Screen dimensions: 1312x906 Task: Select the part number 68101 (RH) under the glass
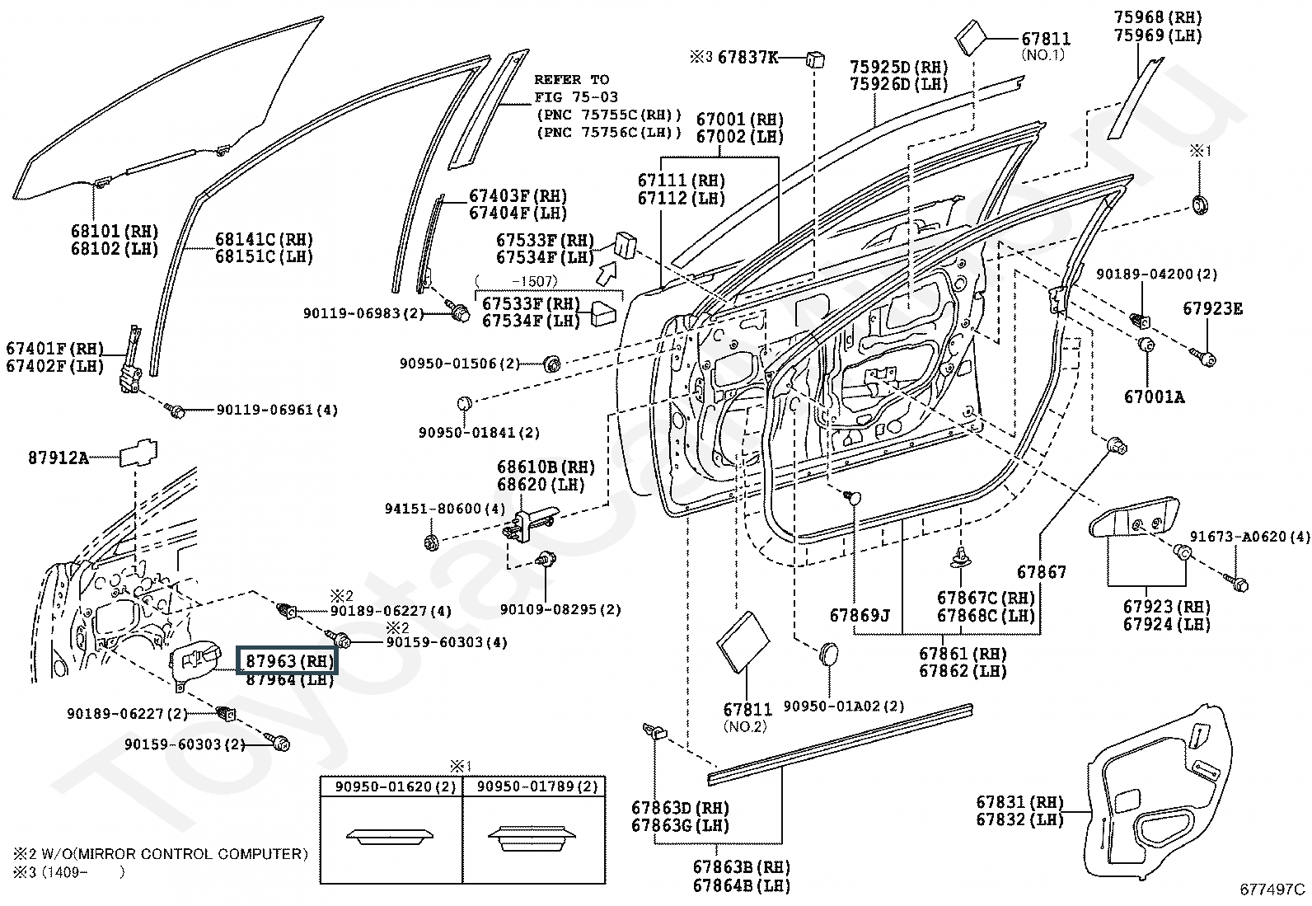tap(115, 231)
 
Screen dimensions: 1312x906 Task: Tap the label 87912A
tap(59, 458)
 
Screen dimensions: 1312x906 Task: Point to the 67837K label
tap(748, 57)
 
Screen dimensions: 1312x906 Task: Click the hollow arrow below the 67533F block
tap(607, 273)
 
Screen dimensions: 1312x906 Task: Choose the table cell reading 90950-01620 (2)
tap(396, 786)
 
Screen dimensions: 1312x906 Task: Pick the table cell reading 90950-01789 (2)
tap(537, 786)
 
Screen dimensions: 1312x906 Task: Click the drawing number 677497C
tap(1272, 890)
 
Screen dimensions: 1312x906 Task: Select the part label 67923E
tap(1212, 309)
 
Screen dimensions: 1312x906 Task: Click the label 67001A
tap(1154, 397)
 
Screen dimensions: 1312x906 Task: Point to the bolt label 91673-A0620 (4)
tap(1249, 536)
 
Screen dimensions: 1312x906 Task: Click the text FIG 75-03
tap(575, 96)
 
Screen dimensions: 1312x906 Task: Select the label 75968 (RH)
tap(1157, 17)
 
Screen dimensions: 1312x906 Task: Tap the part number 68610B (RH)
tap(546, 467)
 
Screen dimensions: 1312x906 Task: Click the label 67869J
tap(860, 615)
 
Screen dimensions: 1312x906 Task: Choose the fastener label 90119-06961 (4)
tap(277, 410)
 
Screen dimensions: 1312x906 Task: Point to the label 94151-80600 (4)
tap(445, 508)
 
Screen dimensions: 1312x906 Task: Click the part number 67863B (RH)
tap(742, 866)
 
